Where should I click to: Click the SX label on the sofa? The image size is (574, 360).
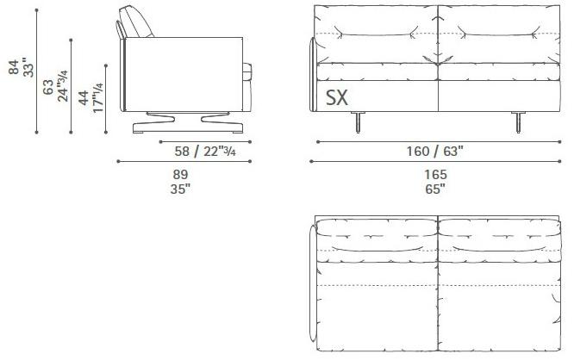(336, 98)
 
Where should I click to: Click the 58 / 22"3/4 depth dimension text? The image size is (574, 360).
(206, 152)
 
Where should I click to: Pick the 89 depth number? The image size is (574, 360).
(181, 174)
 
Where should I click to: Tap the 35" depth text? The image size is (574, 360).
(181, 188)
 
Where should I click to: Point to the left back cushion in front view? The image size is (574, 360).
(377, 36)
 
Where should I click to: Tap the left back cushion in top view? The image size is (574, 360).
(377, 236)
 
